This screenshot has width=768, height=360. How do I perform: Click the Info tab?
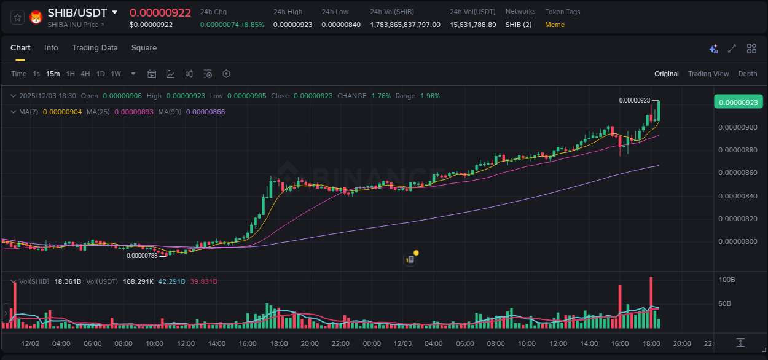[51, 48]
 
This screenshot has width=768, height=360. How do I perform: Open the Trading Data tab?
[95, 48]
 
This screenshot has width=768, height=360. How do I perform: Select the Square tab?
[144, 48]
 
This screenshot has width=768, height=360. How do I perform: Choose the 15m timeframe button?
[53, 74]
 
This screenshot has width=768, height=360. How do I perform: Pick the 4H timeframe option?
[85, 74]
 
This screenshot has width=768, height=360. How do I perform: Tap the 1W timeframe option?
[116, 74]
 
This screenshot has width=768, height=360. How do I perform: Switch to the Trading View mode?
[708, 74]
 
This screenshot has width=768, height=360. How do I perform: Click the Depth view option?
[748, 74]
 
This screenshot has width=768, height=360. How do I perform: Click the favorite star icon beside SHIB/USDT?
[17, 17]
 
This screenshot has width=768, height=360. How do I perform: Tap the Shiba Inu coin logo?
[36, 17]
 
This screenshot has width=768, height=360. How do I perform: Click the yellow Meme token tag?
[555, 25]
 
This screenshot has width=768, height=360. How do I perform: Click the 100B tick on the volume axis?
[727, 280]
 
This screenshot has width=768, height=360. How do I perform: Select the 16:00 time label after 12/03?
[620, 343]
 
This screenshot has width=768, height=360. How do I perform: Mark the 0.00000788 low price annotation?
[142, 256]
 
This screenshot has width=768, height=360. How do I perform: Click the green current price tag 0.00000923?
[737, 103]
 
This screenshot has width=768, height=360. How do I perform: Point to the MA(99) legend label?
[170, 112]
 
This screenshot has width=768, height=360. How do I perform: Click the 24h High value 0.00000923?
[292, 25]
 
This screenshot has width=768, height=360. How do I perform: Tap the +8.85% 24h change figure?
[253, 25]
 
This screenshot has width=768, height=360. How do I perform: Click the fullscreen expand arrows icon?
[732, 49]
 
